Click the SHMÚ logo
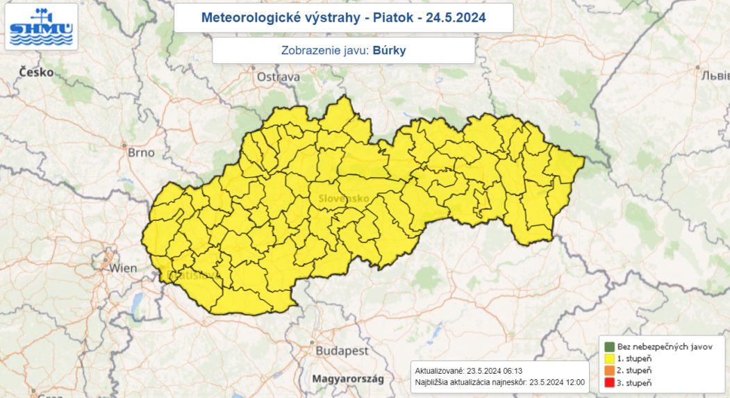[x=41, y=27]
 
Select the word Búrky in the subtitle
[x=389, y=51]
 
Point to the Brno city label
[x=141, y=153]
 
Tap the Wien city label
[x=124, y=267]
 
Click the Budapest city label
[x=342, y=351]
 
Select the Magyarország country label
[x=348, y=379]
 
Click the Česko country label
[x=37, y=72]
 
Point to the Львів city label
[x=715, y=75]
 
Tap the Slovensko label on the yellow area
[x=344, y=199]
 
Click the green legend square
[x=609, y=346]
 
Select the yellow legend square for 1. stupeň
[x=609, y=358]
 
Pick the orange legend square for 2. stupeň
[x=609, y=371]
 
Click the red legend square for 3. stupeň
[x=609, y=383]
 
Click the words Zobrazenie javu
[x=324, y=51]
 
